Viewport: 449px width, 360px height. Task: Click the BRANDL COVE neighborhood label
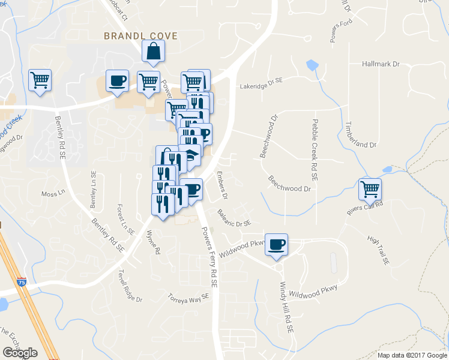[141, 36]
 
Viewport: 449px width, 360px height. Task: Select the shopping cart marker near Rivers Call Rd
[370, 189]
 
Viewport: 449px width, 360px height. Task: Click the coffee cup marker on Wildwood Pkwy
[276, 244]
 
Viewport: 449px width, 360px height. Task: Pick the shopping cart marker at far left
[40, 80]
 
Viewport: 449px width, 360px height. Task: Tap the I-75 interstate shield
[22, 290]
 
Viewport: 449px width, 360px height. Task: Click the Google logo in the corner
[20, 353]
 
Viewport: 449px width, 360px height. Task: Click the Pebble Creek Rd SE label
[315, 149]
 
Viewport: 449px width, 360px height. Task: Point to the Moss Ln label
[52, 194]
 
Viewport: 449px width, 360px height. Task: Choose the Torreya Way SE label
[188, 296]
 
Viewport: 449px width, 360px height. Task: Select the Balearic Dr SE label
[235, 217]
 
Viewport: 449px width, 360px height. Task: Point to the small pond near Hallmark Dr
[312, 64]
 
